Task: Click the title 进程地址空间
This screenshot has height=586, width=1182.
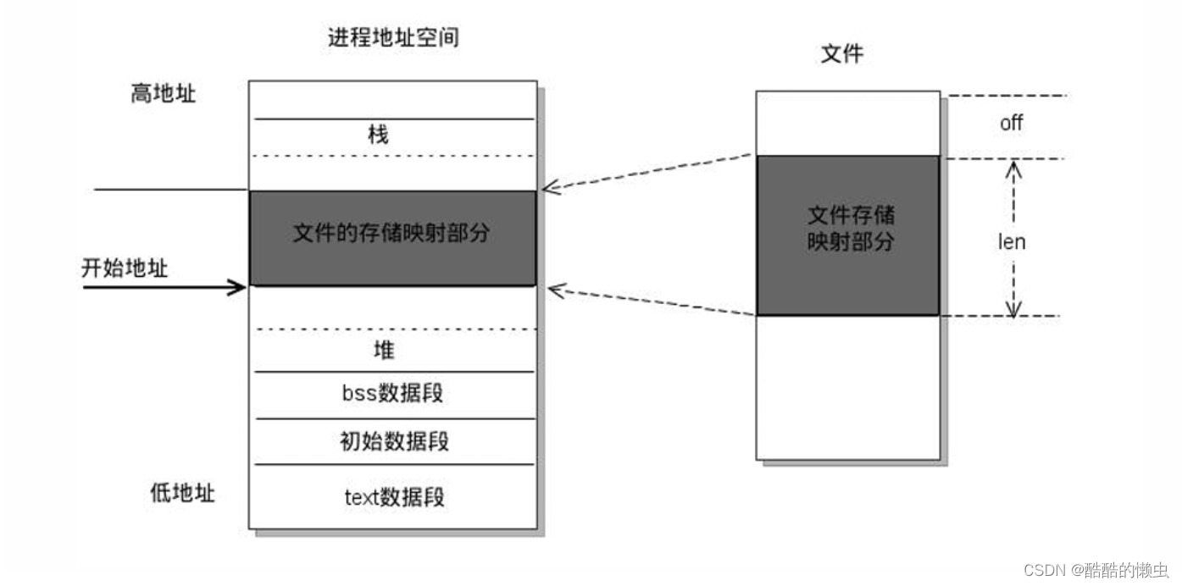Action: (x=393, y=37)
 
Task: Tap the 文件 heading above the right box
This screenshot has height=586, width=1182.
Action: (x=842, y=54)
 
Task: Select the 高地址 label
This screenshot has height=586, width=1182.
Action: (x=164, y=93)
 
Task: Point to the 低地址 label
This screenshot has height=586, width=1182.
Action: (x=182, y=493)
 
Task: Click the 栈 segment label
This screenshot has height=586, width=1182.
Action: (x=378, y=134)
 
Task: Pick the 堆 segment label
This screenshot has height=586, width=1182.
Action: (x=384, y=349)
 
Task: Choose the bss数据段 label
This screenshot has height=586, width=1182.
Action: (x=393, y=393)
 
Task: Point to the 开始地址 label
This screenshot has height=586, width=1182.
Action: (x=125, y=268)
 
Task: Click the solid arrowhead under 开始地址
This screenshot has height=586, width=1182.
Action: (x=239, y=288)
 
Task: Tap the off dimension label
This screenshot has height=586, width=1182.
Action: (x=1011, y=123)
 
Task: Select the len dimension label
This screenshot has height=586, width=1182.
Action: (x=1011, y=242)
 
